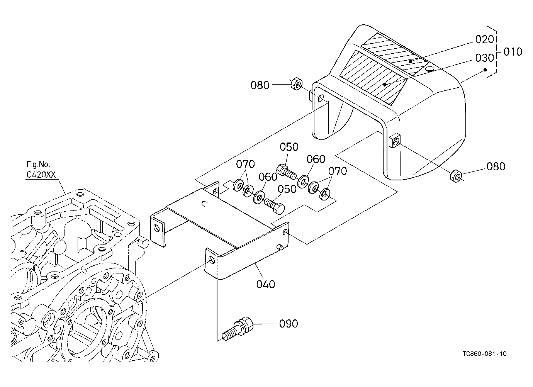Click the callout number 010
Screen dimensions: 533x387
(513, 52)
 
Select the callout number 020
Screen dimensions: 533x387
(484, 39)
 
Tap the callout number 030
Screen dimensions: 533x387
(484, 58)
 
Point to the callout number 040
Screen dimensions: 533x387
(266, 284)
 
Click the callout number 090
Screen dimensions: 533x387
(289, 324)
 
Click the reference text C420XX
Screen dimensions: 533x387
(41, 175)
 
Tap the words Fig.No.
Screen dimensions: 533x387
(38, 164)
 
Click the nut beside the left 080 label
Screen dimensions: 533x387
(296, 83)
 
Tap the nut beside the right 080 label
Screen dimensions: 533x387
(456, 176)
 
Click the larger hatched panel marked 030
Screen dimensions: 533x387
(373, 78)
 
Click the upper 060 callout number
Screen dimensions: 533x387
(316, 159)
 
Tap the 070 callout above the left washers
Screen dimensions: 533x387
(245, 164)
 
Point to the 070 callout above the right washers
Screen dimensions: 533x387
(338, 171)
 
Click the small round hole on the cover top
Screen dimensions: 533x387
(430, 69)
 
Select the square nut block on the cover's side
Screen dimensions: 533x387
(395, 141)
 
